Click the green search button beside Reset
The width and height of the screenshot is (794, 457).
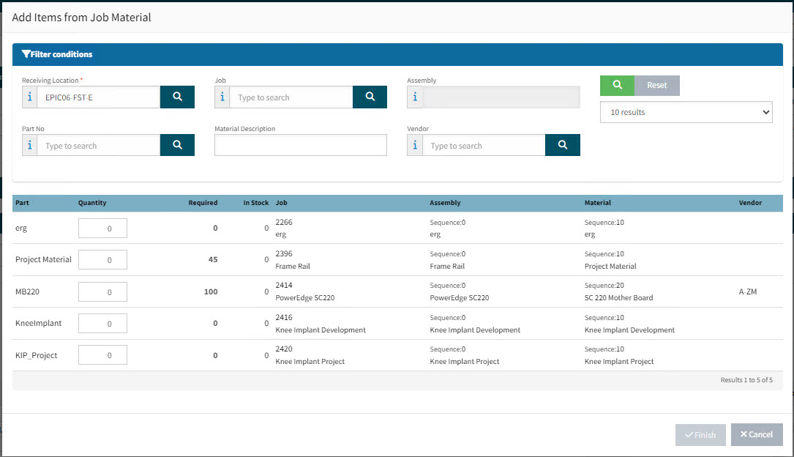(618, 85)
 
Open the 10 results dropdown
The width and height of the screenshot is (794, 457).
(686, 112)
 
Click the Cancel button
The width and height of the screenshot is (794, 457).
(757, 435)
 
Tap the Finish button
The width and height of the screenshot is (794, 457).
(700, 435)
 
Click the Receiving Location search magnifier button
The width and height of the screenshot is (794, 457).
(177, 97)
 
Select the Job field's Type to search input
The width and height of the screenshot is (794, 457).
(291, 97)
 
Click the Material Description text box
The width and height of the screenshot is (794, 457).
(300, 145)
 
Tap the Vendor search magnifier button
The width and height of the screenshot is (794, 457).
(563, 145)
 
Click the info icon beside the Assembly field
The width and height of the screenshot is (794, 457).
(415, 97)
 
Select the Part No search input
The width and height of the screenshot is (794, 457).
(99, 146)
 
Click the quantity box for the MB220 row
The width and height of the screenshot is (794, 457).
(102, 291)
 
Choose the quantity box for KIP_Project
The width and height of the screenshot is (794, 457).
(102, 355)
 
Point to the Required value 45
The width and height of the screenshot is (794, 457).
(213, 259)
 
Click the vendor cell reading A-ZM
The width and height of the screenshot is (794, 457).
(747, 291)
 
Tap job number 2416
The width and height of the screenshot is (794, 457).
(284, 317)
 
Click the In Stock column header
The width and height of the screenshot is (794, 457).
(255, 203)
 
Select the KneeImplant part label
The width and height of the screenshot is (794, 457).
(39, 323)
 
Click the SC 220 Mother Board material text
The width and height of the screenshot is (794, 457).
(619, 298)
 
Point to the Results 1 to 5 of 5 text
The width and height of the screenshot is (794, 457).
(746, 380)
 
